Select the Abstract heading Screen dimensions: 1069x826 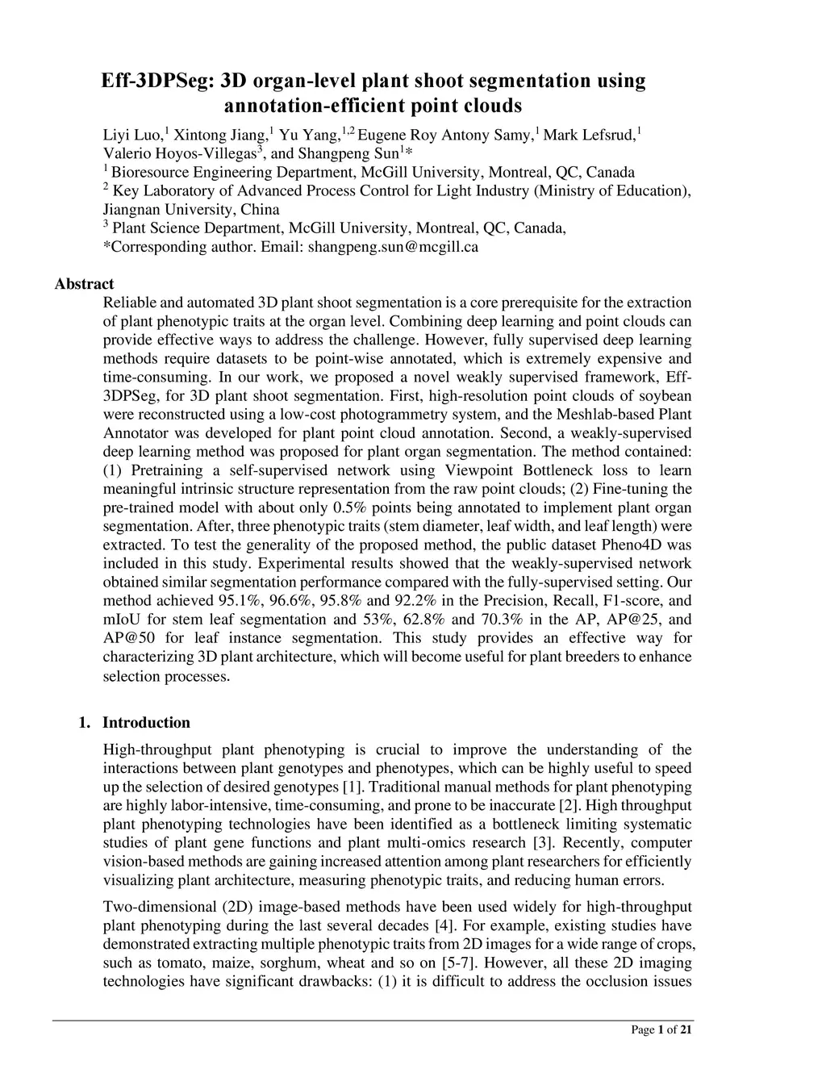point(84,284)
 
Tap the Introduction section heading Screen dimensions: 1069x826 point(146,722)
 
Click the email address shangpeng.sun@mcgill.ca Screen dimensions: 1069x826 point(393,247)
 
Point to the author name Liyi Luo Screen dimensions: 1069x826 point(133,135)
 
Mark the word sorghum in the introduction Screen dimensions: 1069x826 point(297,963)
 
